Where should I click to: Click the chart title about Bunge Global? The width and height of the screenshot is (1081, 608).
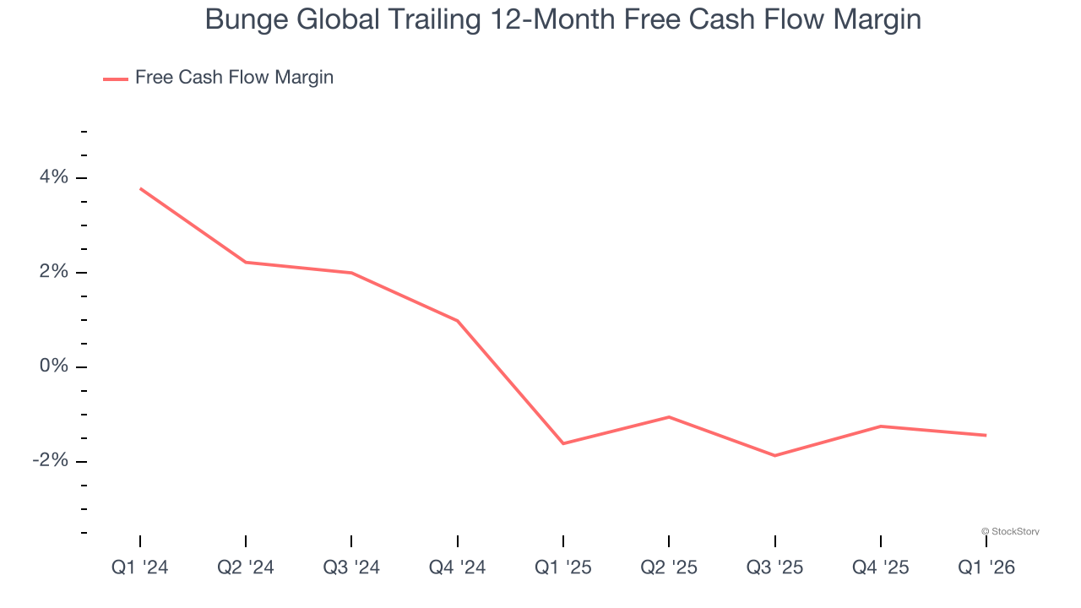coord(562,19)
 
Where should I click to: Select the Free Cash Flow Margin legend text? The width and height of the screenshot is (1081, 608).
coord(234,78)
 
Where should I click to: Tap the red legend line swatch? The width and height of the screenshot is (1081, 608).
coord(116,79)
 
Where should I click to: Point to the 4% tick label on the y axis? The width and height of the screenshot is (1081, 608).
coord(51,177)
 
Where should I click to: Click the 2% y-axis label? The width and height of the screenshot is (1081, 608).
coord(51,272)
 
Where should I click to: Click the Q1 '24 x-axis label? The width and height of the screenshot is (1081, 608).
coord(140,567)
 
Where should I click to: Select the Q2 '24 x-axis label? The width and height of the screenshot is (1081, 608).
coord(246,567)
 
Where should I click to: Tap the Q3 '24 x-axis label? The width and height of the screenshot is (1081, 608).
coord(351,567)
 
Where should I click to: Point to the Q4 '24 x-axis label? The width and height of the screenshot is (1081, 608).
coord(458,567)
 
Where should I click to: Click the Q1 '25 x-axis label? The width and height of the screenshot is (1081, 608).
coord(563,567)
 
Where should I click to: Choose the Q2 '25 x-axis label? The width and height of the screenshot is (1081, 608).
coord(669,567)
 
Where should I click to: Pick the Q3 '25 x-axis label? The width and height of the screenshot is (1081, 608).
coord(774,567)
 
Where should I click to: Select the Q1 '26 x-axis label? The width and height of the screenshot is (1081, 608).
coord(986,567)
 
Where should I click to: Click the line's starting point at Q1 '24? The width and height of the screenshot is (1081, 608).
coord(140,188)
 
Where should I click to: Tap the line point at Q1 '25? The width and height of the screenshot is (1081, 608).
coord(563,443)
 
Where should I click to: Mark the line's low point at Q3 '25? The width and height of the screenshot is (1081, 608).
coord(774,456)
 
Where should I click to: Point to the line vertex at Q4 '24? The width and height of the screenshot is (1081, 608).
coord(458,321)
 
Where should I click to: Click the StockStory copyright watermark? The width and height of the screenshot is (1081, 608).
coord(1010,531)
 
